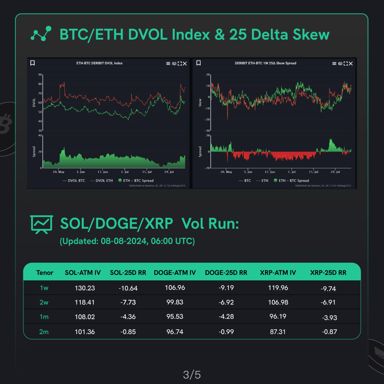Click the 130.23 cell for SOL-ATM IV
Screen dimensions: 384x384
[85, 288]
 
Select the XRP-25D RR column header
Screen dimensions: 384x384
[328, 273]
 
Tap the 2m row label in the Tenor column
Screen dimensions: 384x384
[44, 331]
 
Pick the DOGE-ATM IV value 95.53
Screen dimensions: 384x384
[175, 316]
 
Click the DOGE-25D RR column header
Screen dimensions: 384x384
[226, 273]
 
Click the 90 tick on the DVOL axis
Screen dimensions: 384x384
[40, 75]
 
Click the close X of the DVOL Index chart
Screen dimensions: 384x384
[184, 63]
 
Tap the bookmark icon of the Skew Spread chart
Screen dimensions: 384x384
[199, 63]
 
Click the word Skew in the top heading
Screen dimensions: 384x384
[308, 35]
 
